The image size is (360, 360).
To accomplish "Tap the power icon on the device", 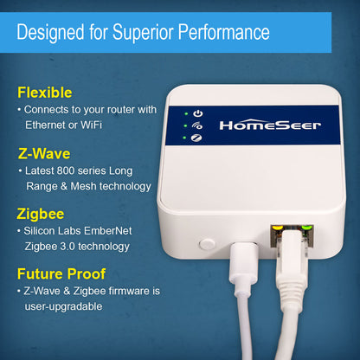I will (x=198, y=113).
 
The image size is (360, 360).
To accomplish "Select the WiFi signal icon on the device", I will (x=198, y=125).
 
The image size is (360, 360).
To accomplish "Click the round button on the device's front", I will (x=207, y=247).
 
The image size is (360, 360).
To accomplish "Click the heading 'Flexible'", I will (x=45, y=92).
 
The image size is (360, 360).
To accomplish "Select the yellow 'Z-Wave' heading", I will (x=45, y=154).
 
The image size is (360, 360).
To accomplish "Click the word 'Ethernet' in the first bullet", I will (x=49, y=125).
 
